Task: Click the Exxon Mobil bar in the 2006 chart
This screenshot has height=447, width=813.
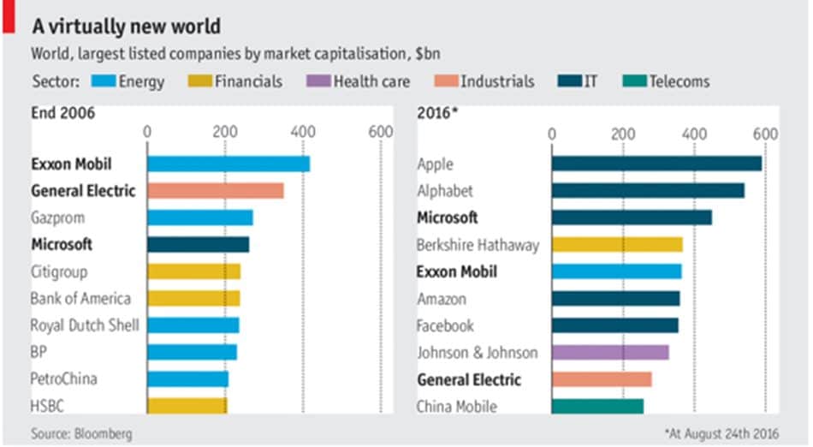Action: [x=228, y=164]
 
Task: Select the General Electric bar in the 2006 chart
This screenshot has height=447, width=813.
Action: [x=215, y=190]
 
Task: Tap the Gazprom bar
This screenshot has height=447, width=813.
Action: [x=199, y=218]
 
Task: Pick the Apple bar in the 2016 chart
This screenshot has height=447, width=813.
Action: [x=656, y=164]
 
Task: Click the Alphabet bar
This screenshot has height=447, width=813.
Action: [x=648, y=190]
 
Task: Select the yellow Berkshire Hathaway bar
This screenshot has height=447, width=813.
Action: [x=617, y=244]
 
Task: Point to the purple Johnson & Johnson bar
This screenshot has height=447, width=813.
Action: [x=610, y=352]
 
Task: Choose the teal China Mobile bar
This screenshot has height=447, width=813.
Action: [x=597, y=406]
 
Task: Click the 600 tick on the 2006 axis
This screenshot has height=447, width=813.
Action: [x=380, y=132]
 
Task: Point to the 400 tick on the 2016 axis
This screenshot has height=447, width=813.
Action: [x=694, y=134]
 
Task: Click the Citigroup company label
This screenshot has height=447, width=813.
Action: [x=58, y=271]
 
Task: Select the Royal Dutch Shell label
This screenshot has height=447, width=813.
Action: [x=84, y=325]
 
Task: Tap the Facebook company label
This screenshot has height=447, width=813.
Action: [x=444, y=325]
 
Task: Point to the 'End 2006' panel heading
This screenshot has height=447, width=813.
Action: [x=62, y=113]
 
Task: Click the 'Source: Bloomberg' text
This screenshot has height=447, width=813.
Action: [x=81, y=434]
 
